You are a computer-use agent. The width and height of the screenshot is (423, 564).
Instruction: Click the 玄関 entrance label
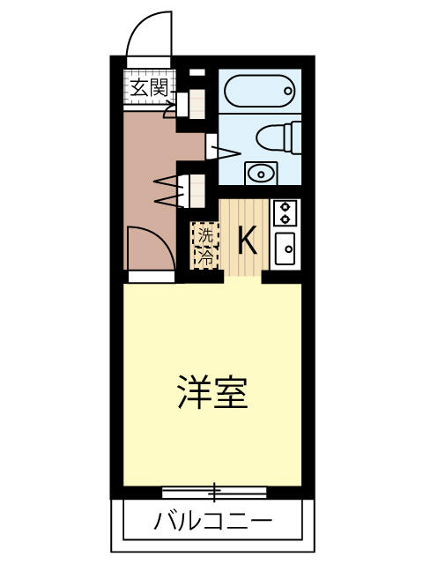[149, 88]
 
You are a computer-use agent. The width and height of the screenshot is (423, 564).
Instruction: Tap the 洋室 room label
[213, 392]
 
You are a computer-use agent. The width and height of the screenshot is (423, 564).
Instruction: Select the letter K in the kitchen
[248, 240]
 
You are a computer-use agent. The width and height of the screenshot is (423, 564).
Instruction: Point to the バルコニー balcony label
[212, 520]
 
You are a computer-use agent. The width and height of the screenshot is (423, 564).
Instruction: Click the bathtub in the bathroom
[259, 91]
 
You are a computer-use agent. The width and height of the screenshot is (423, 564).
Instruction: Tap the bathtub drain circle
[288, 91]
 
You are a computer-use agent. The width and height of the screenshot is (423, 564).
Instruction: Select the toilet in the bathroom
[278, 137]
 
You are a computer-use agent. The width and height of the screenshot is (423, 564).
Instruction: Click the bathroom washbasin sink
[261, 174]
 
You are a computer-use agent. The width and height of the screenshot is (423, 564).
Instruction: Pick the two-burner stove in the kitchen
[286, 213]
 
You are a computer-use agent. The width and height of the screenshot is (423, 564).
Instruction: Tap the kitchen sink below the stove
[286, 249]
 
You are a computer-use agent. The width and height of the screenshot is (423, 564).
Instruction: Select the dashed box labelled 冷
[206, 257]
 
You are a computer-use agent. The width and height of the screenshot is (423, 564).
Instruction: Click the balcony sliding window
[214, 492]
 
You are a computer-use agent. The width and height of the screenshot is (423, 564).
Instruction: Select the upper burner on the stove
[286, 206]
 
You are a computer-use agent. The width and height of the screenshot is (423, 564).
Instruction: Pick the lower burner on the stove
[286, 219]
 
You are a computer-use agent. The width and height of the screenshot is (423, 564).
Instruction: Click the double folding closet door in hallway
[172, 191]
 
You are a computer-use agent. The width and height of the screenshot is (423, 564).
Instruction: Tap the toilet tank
[293, 137]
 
